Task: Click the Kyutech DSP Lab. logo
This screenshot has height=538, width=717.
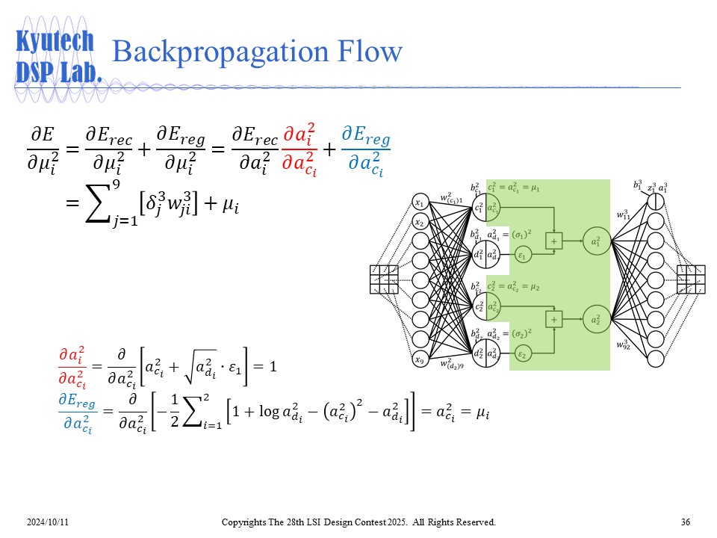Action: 58,56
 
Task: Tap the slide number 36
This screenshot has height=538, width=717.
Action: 686,522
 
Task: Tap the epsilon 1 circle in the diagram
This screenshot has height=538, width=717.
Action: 523,255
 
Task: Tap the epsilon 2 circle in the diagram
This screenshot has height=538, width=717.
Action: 523,353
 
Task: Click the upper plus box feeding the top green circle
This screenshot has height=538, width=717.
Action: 554,241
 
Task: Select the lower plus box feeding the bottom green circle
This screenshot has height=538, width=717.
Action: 554,320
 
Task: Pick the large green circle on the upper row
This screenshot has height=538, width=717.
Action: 595,241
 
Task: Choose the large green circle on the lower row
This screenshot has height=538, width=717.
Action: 595,320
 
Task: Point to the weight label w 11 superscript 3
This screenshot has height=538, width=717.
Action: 624,215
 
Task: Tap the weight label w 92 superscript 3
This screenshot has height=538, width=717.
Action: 624,345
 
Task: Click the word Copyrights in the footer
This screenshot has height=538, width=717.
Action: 246,522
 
